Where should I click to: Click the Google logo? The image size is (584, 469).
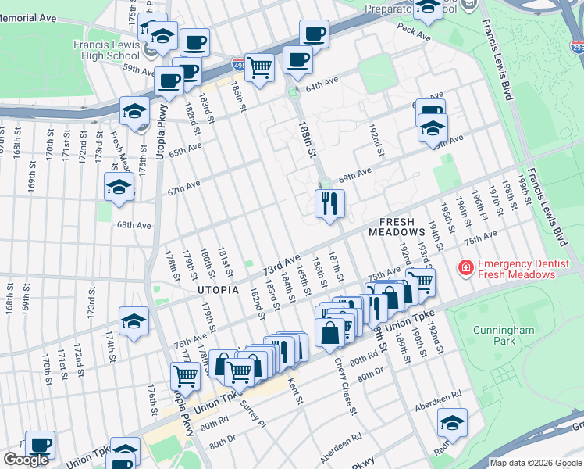point(26,460)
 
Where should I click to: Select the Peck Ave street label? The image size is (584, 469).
point(413,34)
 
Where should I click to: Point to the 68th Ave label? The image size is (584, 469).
point(133,225)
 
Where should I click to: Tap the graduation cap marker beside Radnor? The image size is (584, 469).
point(452,423)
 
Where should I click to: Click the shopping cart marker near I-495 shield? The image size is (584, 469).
point(259,66)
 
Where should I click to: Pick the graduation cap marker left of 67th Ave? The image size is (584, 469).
point(119,188)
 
